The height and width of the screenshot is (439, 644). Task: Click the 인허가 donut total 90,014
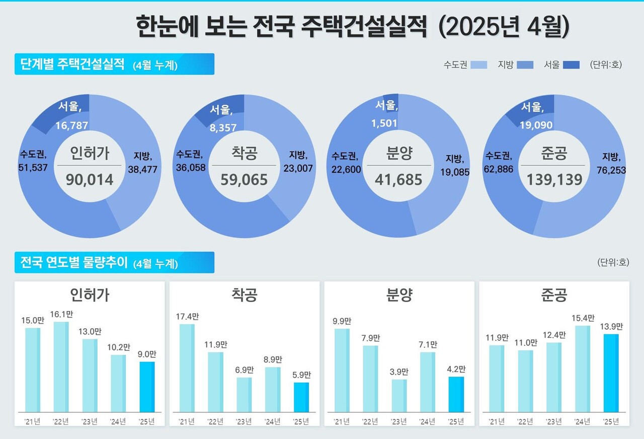89,179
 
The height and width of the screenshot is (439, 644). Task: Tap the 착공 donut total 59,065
244,179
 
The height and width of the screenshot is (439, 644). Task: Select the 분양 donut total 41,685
398,179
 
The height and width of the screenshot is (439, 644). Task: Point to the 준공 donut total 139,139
554,179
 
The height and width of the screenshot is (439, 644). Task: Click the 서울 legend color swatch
571,65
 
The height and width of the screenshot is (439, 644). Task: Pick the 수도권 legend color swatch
478,65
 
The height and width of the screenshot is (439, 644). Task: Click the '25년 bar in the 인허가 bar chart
147,387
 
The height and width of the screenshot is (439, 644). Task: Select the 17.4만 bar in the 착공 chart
187,368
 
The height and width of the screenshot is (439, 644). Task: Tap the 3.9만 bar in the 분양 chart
399,396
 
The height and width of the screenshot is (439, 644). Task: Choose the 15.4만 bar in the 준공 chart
583,369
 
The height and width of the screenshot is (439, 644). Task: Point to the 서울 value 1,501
385,123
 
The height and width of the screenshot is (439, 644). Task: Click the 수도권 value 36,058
190,168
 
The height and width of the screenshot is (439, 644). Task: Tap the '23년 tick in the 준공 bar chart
553,421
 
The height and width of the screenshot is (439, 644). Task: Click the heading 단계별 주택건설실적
72,64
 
